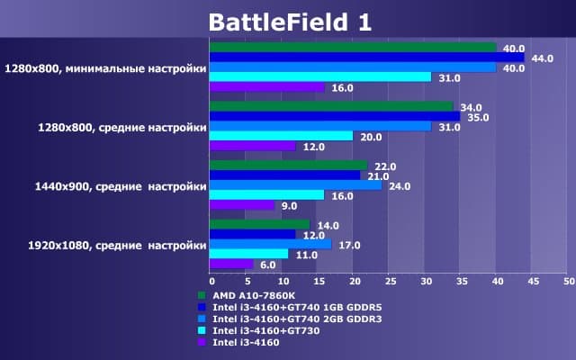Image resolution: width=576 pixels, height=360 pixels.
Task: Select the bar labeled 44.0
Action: [x=367, y=58]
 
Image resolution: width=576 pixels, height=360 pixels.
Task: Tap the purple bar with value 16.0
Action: [x=267, y=87]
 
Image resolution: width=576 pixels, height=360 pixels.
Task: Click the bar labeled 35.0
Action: [x=335, y=116]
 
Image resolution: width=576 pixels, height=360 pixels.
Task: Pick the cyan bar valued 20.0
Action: [x=281, y=136]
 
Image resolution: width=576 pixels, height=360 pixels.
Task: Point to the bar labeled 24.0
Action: [x=295, y=185]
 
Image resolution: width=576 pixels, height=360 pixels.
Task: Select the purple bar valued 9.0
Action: [x=241, y=205]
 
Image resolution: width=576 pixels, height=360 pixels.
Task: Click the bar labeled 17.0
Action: [x=270, y=244]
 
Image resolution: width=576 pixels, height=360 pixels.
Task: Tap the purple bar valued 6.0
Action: [x=230, y=264]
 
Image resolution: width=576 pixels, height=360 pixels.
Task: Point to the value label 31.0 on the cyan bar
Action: [x=447, y=78]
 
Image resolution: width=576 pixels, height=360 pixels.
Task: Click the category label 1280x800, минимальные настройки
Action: [x=105, y=67]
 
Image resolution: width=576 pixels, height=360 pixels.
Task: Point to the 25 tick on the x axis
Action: [x=388, y=281]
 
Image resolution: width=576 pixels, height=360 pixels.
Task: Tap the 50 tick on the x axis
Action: [x=567, y=281]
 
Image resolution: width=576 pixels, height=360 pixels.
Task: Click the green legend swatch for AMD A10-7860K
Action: [x=200, y=294]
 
